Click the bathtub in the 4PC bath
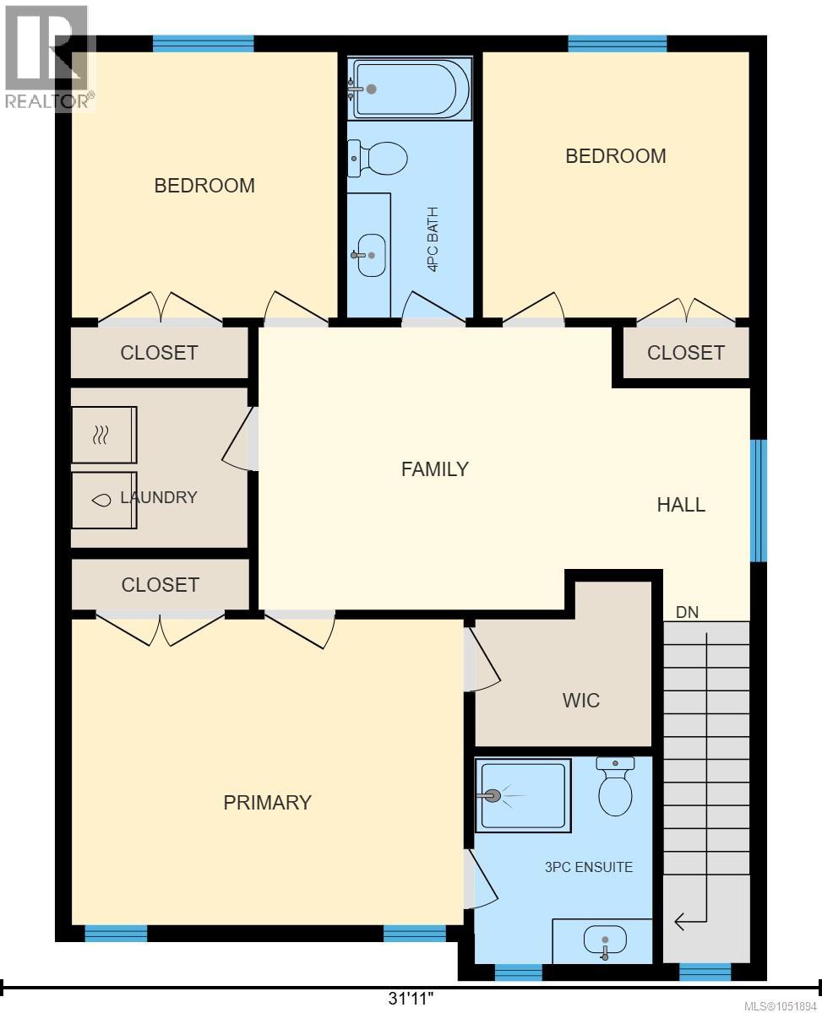(x=410, y=89)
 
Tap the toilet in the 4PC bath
(x=378, y=159)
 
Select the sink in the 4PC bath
(x=371, y=255)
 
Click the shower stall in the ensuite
(x=523, y=795)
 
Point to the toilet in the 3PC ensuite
(x=615, y=786)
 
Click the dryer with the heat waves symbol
(x=104, y=435)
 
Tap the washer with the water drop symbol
(x=104, y=501)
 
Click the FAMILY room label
(x=435, y=469)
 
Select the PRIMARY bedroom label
(x=268, y=803)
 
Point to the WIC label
(x=580, y=701)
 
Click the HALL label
(x=681, y=505)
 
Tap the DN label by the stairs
(x=688, y=612)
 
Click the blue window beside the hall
(x=759, y=501)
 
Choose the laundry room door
(x=241, y=440)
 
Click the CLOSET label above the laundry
(x=159, y=353)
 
